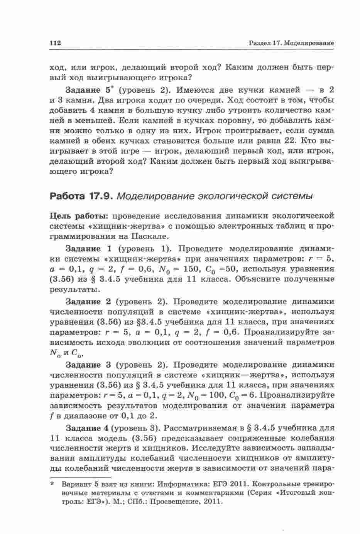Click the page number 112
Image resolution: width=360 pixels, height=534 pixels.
56,43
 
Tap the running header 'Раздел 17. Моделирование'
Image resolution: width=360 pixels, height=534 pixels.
291,43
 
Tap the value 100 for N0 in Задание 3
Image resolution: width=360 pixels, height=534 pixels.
215,395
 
